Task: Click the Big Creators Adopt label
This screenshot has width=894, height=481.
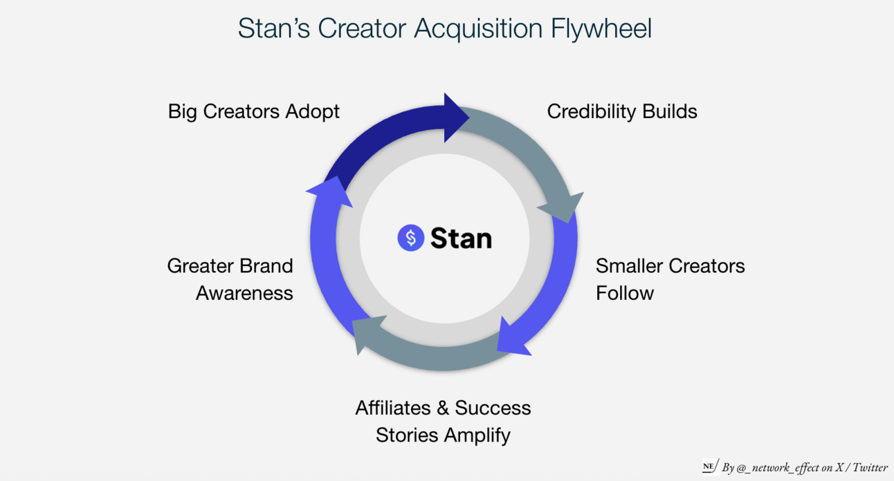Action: point(254,111)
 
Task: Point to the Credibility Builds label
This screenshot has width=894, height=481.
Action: point(622,111)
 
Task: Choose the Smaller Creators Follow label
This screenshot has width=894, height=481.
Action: point(670,279)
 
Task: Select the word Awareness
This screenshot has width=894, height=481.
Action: point(244,293)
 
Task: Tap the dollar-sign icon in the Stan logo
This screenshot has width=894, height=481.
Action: point(410,238)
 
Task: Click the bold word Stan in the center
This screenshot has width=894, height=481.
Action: point(461,238)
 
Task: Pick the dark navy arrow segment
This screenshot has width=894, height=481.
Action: point(374,138)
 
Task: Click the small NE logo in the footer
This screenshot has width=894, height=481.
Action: point(709,466)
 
